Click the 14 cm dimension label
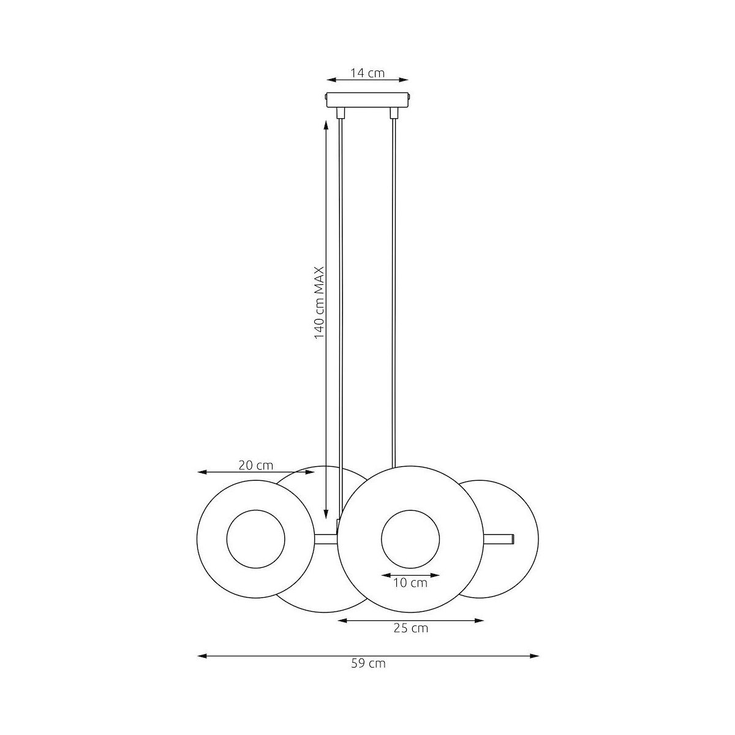tap(367, 73)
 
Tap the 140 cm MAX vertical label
tap(319, 303)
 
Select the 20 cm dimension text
tap(256, 466)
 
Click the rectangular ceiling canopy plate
tap(367, 100)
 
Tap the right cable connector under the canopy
tap(394, 113)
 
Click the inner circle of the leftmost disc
tap(255, 510)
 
